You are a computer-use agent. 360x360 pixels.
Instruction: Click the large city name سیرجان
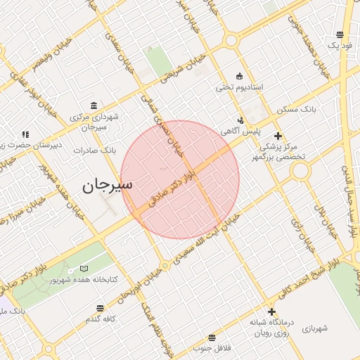coord(107,186)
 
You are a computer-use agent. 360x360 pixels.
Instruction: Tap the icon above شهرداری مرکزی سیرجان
coord(94,103)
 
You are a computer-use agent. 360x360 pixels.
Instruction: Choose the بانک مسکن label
coord(318,110)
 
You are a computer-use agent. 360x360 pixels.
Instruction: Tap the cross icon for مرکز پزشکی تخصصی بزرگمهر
coord(278,136)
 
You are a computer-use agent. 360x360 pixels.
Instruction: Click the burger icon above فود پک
coord(340,34)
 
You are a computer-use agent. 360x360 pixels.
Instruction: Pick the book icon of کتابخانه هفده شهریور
coord(84,269)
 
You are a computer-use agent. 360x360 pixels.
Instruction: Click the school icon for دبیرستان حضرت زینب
coord(25,134)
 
